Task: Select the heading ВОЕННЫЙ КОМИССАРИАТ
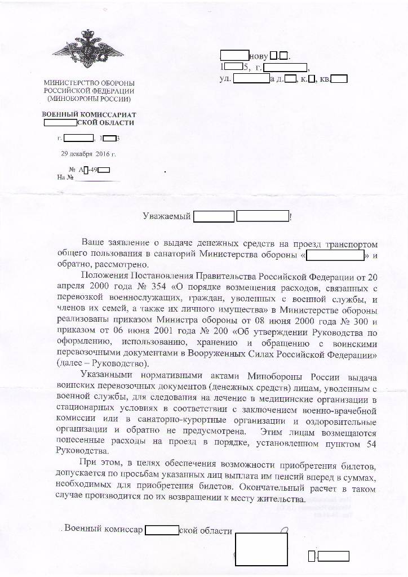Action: (89, 114)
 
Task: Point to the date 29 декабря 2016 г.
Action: (88, 153)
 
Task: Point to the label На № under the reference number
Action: (66, 177)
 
